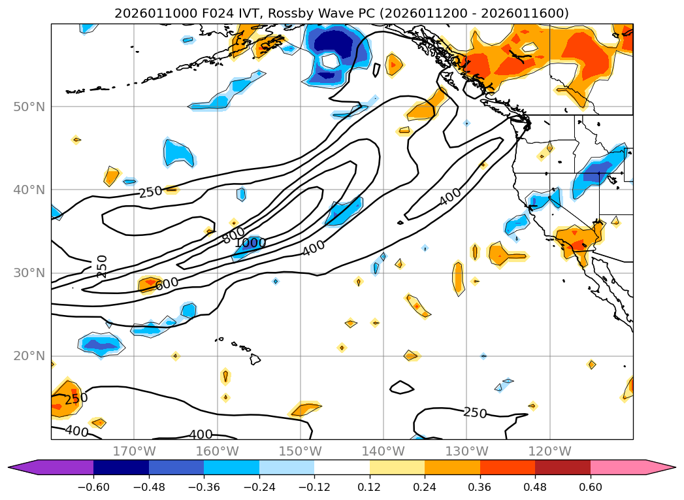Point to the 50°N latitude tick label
30,107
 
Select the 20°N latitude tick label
30,356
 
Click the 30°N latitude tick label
30,273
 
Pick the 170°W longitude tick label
134,451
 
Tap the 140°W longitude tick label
383,451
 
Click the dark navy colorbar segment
121,467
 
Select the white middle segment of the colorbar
342,467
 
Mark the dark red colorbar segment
562,467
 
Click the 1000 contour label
250,243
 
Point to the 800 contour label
233,235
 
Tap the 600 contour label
167,283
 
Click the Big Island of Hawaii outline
255,359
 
